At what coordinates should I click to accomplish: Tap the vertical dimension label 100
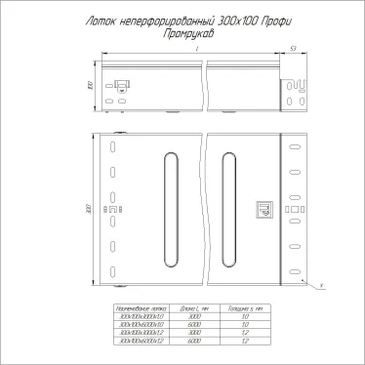click(x=90, y=85)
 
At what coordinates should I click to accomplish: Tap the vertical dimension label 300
click(x=90, y=208)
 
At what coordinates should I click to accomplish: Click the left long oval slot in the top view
click(x=172, y=208)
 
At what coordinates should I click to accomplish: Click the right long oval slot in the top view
click(x=229, y=208)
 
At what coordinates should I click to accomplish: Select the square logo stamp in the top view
click(x=263, y=208)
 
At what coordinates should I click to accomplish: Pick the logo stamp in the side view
click(x=122, y=84)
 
